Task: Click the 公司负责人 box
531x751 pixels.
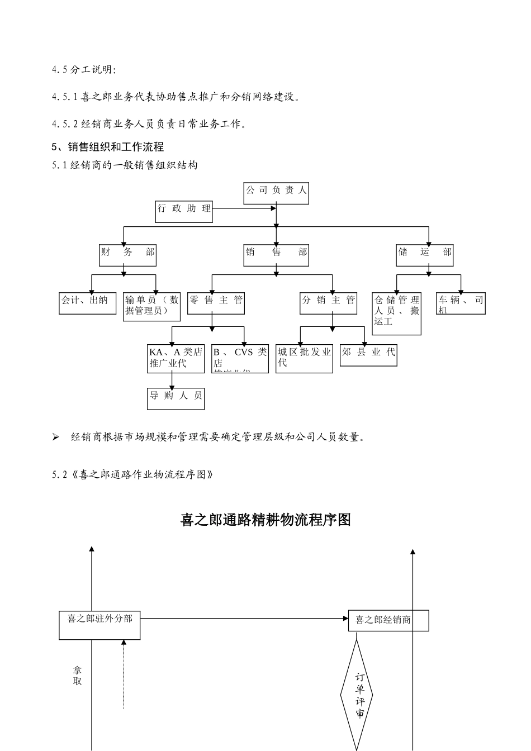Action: tap(276, 193)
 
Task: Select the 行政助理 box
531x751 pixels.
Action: tap(184, 211)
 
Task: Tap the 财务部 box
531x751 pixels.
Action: tap(128, 255)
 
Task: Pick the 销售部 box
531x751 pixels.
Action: tap(276, 255)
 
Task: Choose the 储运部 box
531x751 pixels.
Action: tap(425, 255)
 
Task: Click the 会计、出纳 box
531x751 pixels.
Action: tap(88, 303)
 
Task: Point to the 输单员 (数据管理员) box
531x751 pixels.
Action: tap(152, 306)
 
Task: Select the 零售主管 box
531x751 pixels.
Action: tap(216, 303)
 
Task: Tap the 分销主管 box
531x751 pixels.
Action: tap(329, 303)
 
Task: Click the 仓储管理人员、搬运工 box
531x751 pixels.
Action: tap(397, 313)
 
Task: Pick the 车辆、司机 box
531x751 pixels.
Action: tap(461, 303)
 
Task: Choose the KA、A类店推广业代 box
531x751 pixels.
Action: tap(176, 358)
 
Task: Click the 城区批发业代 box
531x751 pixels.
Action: tap(305, 358)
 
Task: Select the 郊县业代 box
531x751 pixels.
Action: tap(368, 355)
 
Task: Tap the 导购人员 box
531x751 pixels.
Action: tap(176, 399)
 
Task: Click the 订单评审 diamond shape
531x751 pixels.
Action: tap(357, 696)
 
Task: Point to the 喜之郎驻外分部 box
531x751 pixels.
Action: tap(99, 625)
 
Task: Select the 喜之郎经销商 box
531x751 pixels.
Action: tap(388, 620)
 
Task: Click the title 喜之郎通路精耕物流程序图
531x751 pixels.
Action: tap(265, 520)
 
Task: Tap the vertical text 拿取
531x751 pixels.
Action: tap(77, 676)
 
